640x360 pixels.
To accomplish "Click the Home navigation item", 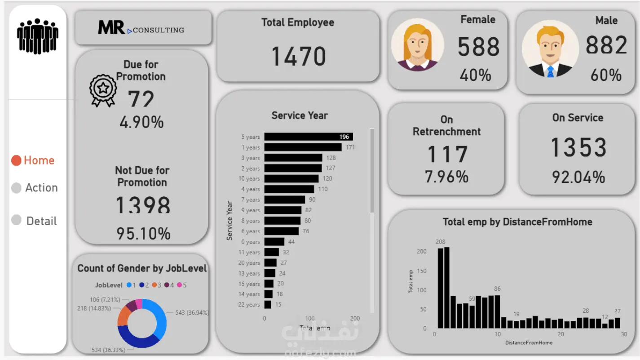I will (33, 160).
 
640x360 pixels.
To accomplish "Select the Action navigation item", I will (35, 188).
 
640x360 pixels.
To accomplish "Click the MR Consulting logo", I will (141, 28).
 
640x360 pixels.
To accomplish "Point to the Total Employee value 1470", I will (299, 56).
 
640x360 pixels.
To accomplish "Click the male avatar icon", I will (550, 49).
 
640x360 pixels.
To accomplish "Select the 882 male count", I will (606, 45).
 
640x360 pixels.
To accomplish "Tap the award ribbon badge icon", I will (103, 90).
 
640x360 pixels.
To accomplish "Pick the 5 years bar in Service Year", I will (309, 137).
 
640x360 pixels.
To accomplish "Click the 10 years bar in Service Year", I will (285, 178).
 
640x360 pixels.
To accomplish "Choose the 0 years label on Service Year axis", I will (250, 242).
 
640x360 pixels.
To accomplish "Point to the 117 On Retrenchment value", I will (447, 154).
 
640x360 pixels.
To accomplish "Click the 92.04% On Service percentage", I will (578, 177).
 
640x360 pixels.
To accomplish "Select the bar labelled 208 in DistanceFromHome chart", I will (441, 288).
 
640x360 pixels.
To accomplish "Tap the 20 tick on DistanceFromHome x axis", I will (561, 334).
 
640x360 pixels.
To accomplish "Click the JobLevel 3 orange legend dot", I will (154, 285).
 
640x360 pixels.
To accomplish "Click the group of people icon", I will (38, 36).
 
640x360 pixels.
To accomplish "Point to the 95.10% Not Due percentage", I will (143, 233).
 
